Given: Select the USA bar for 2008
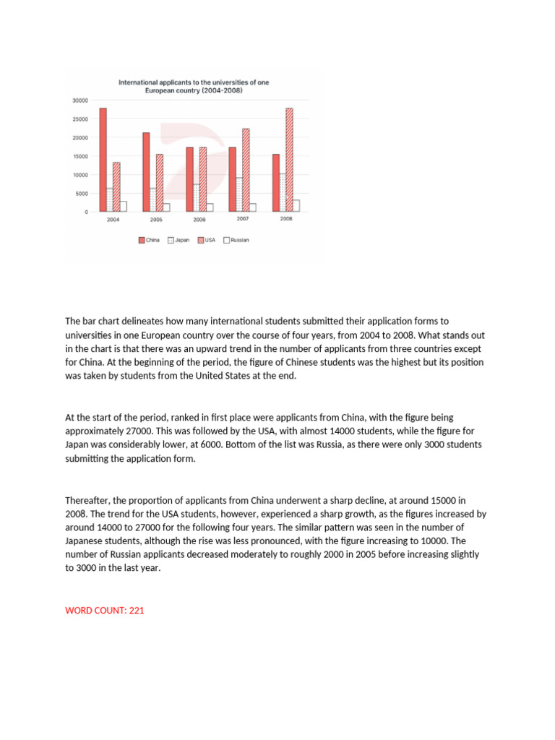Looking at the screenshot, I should point(289,160).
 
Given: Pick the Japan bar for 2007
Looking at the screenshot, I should point(239,194).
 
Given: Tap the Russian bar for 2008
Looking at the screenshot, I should point(296,206).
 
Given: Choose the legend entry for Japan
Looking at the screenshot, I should point(178,240).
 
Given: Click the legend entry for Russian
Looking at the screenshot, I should point(236,240).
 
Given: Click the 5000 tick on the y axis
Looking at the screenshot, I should point(82,193).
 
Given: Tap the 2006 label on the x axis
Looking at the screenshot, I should point(199,219).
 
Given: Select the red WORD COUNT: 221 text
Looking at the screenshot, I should point(105,611).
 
